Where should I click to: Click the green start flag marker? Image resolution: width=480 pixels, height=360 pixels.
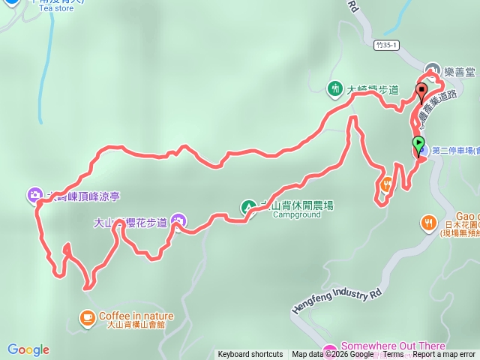(x=418, y=142)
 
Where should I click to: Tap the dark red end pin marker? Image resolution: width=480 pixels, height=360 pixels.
(x=421, y=93)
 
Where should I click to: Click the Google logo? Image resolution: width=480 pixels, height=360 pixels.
(x=28, y=349)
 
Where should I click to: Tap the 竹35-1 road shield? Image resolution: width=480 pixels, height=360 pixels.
(x=385, y=45)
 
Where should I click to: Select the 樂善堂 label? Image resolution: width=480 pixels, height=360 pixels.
(x=460, y=72)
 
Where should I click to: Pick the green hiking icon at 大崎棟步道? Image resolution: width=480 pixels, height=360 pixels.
(x=334, y=88)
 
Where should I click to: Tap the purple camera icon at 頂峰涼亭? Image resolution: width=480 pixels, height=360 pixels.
(x=35, y=196)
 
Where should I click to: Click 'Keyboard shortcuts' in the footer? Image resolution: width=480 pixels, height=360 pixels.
(x=250, y=355)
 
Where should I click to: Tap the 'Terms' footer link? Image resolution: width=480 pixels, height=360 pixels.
(x=394, y=355)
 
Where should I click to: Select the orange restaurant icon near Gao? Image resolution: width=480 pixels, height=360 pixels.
(x=428, y=222)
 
